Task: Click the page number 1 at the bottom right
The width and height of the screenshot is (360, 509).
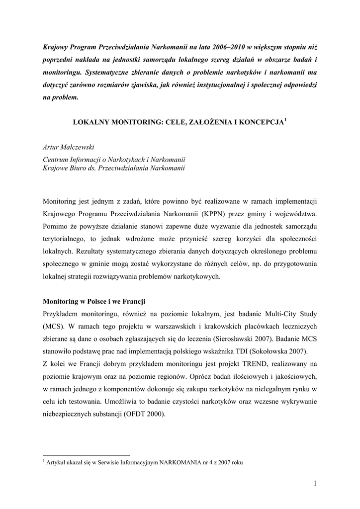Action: coord(315,483)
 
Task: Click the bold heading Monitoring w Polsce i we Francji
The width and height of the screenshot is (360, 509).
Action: coord(94,301)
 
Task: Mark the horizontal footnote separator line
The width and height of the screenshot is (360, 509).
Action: coord(87,455)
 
